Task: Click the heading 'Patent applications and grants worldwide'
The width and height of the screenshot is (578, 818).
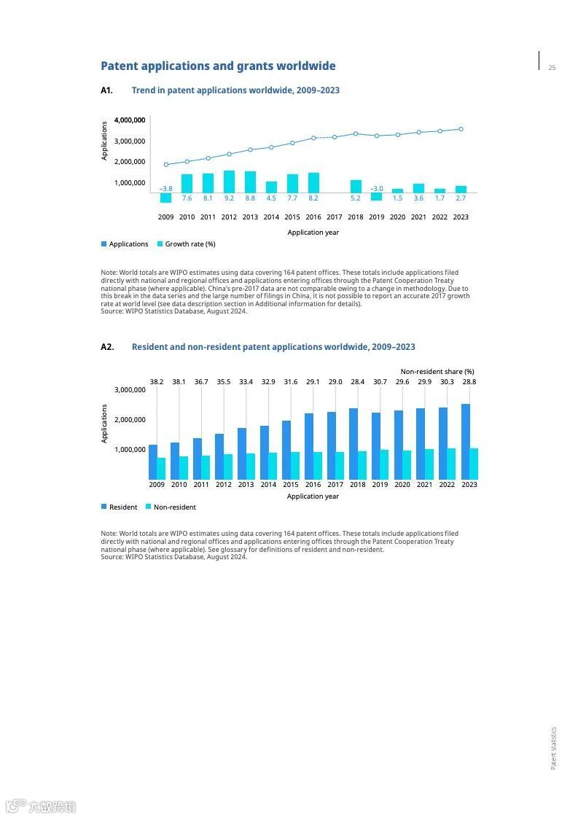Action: click(218, 66)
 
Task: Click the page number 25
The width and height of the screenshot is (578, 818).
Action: click(552, 68)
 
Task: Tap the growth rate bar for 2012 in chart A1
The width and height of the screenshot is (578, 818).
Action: click(229, 182)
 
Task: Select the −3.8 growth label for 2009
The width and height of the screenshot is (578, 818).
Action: click(165, 189)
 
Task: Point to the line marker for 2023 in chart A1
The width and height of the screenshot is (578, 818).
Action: click(461, 129)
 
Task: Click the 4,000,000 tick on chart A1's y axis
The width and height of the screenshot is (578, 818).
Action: click(130, 120)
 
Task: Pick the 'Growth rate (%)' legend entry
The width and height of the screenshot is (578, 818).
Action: click(190, 244)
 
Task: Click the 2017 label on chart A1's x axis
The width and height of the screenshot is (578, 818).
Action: click(335, 217)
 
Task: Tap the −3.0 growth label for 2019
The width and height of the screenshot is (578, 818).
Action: click(376, 189)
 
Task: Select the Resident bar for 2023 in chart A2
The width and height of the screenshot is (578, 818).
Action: click(465, 442)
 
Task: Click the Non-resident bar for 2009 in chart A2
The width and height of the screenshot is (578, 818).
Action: click(161, 469)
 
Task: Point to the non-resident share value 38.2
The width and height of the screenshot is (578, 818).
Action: click(157, 382)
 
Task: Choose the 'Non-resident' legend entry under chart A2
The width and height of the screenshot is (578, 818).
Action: click(174, 507)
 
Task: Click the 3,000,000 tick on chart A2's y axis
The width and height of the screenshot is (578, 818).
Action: click(130, 390)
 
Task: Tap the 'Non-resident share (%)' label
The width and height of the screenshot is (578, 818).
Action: click(437, 372)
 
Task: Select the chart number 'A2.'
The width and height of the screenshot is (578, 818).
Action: click(107, 347)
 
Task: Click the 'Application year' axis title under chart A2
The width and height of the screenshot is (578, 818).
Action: click(313, 496)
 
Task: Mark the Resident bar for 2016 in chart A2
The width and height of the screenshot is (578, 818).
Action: click(309, 446)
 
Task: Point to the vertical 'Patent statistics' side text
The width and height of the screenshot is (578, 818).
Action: click(553, 747)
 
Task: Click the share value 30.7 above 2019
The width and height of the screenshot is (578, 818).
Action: click(380, 382)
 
